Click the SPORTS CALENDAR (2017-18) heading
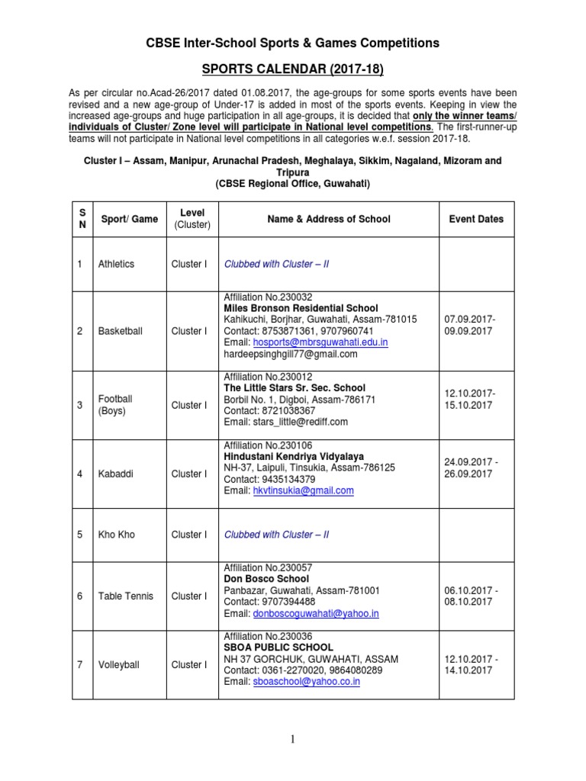[x=292, y=70]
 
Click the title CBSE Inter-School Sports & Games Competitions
[x=292, y=43]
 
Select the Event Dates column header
[x=476, y=219]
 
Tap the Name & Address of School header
[x=328, y=219]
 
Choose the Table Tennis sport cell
[x=125, y=596]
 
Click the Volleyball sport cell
[x=118, y=665]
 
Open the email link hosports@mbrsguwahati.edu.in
[x=320, y=342]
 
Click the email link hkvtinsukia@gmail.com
[x=303, y=490]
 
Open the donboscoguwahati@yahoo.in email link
[x=316, y=613]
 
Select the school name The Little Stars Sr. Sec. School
[x=295, y=388]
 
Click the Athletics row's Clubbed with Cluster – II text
[x=276, y=264]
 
